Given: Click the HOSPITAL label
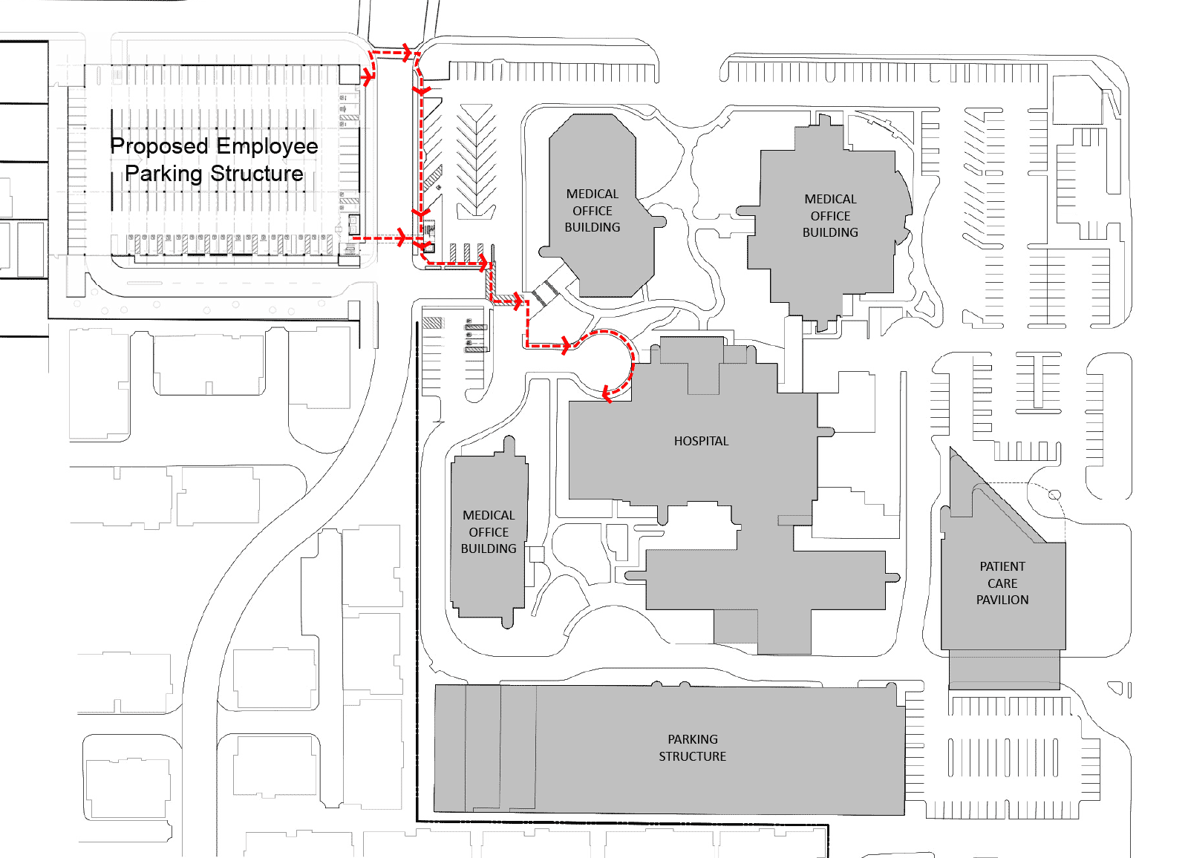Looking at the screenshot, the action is pyautogui.click(x=701, y=441).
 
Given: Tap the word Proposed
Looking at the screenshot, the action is pyautogui.click(x=159, y=146).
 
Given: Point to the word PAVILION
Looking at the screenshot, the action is pyautogui.click(x=1002, y=600).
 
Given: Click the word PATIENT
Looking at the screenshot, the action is pyautogui.click(x=1002, y=566).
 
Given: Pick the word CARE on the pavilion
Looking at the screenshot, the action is pyautogui.click(x=1002, y=583).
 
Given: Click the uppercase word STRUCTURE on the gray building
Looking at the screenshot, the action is pyautogui.click(x=693, y=756).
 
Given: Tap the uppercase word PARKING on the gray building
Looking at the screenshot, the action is pyautogui.click(x=693, y=739).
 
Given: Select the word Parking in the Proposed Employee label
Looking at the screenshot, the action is pyautogui.click(x=164, y=174).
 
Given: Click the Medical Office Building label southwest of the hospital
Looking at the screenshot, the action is pyautogui.click(x=489, y=532).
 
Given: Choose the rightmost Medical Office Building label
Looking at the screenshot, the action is pyautogui.click(x=830, y=216).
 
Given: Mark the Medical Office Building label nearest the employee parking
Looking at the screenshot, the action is pyautogui.click(x=593, y=211).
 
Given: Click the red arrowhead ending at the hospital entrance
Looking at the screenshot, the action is pyautogui.click(x=607, y=394).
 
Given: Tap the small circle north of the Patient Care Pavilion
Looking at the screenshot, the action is pyautogui.click(x=1055, y=495).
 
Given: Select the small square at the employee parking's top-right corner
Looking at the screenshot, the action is pyautogui.click(x=349, y=74).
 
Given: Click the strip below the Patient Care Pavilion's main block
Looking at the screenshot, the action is pyautogui.click(x=1005, y=669).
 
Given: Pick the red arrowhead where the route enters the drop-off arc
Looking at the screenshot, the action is pyautogui.click(x=566, y=346).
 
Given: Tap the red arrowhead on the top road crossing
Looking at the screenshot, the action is pyautogui.click(x=407, y=53).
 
